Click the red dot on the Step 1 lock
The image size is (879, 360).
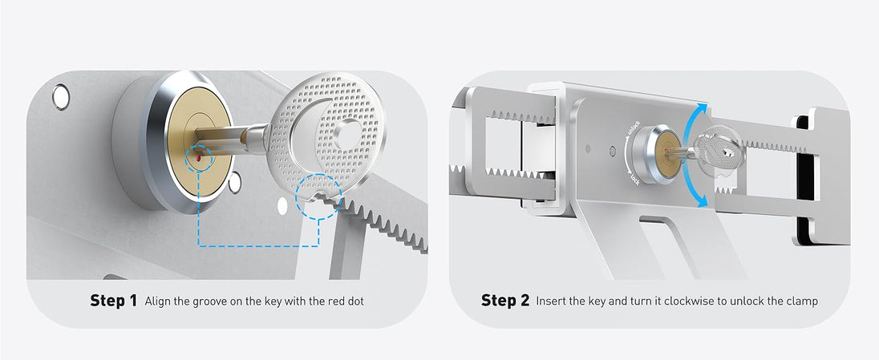199,159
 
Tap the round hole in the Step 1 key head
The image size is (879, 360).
348,135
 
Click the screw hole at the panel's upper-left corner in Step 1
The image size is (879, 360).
61,96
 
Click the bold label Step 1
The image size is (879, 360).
113,301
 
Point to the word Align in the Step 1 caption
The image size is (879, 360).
157,301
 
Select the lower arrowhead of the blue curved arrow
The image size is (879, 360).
699,202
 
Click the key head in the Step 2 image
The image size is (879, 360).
719,148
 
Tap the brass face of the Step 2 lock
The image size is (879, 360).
668,153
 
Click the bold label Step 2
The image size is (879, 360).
505,301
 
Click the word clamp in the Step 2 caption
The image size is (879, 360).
800,301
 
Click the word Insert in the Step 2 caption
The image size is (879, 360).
550,301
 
